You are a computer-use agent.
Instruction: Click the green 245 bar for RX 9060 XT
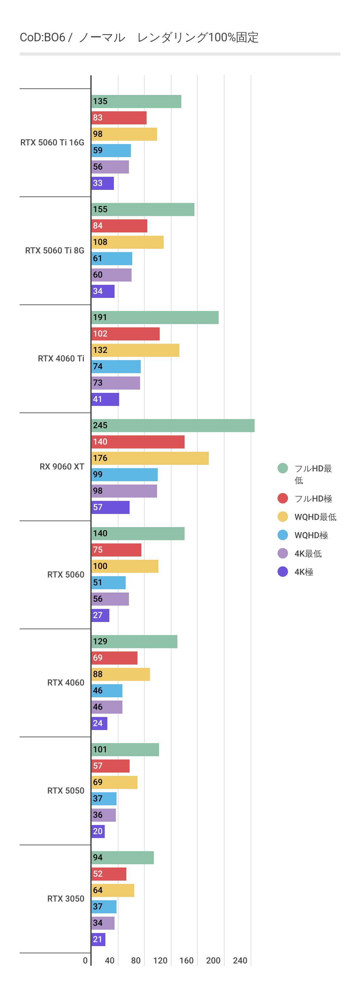172,425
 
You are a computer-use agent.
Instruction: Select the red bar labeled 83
119,118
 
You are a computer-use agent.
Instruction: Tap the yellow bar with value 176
150,458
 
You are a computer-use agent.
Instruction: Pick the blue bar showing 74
116,367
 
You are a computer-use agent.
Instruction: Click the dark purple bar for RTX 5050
98,832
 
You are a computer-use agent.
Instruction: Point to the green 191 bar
155,318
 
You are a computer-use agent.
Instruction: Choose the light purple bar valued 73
116,383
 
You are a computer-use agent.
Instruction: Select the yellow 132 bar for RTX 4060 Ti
135,350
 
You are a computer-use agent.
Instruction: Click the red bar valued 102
125,334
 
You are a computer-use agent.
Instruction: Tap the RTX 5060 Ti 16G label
52,143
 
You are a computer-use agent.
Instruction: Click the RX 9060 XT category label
62,467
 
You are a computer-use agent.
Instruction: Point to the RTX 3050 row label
65,899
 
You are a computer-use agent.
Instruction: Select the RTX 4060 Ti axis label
61,358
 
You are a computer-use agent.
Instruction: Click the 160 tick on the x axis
186,961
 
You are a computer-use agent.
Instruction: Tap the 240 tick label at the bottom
240,961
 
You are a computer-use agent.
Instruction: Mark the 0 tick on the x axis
85,961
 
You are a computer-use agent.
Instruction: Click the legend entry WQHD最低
315,517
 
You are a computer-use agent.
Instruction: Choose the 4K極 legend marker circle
282,572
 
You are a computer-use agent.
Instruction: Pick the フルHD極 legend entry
313,499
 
